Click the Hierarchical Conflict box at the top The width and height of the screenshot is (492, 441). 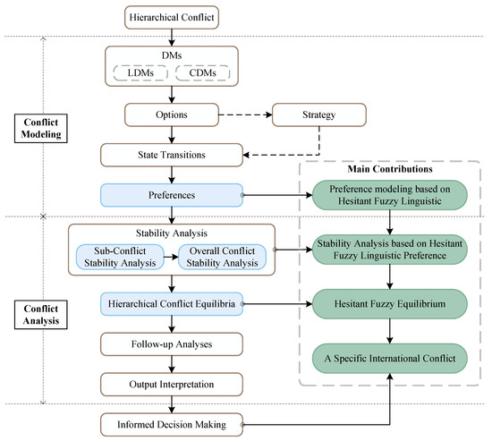172,18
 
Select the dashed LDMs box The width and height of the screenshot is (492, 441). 140,72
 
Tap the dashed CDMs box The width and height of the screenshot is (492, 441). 203,72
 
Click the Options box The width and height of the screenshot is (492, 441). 172,114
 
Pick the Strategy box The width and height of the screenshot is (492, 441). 319,114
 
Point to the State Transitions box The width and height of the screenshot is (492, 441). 172,155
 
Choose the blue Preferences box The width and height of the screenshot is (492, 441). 172,195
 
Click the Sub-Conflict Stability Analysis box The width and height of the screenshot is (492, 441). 120,257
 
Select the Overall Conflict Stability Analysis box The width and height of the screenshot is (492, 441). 222,257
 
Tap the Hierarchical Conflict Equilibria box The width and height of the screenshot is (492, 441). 172,304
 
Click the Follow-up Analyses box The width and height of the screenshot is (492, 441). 172,344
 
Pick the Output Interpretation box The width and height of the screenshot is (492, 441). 172,385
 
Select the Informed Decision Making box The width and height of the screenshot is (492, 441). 172,425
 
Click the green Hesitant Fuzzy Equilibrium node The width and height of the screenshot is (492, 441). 390,304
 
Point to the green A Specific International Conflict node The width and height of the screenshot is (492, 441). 390,359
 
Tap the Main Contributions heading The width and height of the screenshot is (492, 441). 390,169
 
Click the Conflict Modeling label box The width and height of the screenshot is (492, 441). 41,129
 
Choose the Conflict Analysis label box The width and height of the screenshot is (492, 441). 41,315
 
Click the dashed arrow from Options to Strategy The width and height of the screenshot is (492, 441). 245,114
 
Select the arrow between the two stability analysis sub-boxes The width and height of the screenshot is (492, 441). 171,257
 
